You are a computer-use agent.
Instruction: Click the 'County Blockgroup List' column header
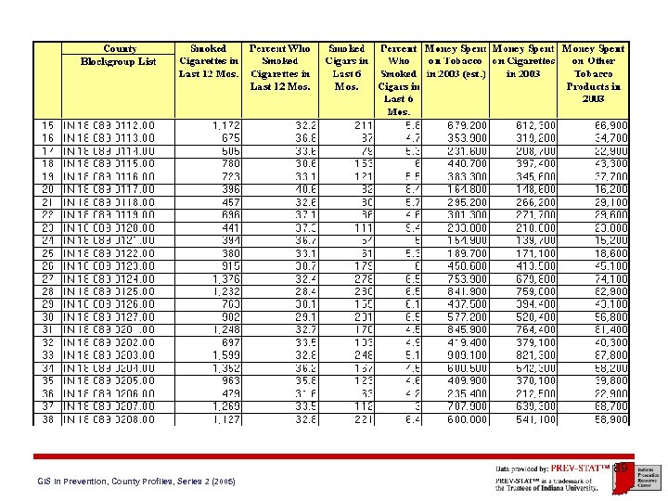click(x=119, y=55)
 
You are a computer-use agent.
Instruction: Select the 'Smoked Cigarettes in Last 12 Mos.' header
click(x=208, y=60)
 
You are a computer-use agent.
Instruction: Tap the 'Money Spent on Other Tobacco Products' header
click(x=593, y=72)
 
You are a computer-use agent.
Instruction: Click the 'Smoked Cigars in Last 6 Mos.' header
click(x=346, y=67)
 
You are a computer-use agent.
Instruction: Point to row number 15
click(x=47, y=124)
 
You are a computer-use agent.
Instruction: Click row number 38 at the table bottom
click(x=47, y=418)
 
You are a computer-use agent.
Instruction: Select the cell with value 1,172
click(x=225, y=124)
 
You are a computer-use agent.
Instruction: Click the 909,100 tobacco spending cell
click(x=468, y=354)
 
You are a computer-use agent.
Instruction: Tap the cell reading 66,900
click(x=610, y=124)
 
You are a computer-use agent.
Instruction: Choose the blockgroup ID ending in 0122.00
click(x=109, y=252)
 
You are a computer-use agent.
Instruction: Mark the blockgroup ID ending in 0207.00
click(x=109, y=405)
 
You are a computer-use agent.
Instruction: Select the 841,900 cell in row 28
click(x=468, y=290)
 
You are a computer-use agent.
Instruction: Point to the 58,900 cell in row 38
click(x=610, y=418)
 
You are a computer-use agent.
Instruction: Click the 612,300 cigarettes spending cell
click(x=537, y=124)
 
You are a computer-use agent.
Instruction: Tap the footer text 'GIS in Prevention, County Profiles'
click(x=135, y=482)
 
